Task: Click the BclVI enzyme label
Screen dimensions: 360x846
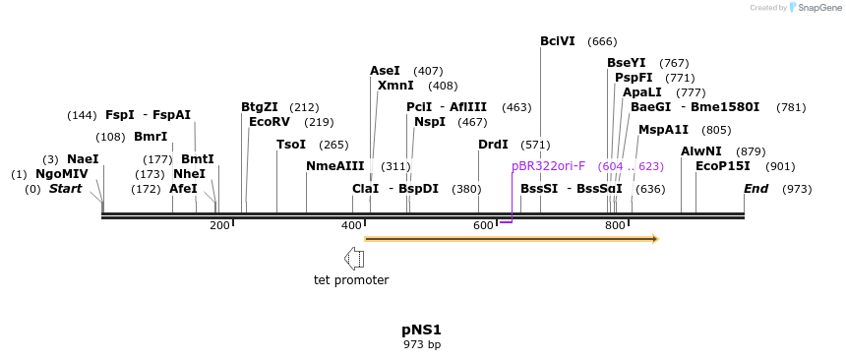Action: pyautogui.click(x=558, y=41)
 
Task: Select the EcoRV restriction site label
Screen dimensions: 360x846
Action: pyautogui.click(x=270, y=122)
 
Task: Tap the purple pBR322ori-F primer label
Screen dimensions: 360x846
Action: pyautogui.click(x=548, y=166)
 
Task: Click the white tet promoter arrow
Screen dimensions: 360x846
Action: pyautogui.click(x=354, y=259)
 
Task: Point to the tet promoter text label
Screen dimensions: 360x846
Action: pyautogui.click(x=351, y=280)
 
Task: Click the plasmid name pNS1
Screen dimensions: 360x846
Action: pyautogui.click(x=421, y=330)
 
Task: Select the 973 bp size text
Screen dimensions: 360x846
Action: pyautogui.click(x=422, y=344)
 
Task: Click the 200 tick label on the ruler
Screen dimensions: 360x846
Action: pyautogui.click(x=219, y=225)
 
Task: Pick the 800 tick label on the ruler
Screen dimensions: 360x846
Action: pyautogui.click(x=615, y=225)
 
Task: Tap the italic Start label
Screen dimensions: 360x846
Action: pyautogui.click(x=66, y=188)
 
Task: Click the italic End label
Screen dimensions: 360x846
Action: pyautogui.click(x=755, y=188)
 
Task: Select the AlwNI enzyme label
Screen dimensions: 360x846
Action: pyautogui.click(x=701, y=151)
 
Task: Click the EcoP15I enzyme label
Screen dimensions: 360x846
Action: pyautogui.click(x=723, y=166)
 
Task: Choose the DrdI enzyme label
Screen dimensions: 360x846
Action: pyautogui.click(x=493, y=145)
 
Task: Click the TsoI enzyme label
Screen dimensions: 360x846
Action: pyautogui.click(x=291, y=145)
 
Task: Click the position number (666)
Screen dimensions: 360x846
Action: pyautogui.click(x=602, y=41)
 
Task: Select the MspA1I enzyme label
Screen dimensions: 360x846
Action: pyautogui.click(x=664, y=130)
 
